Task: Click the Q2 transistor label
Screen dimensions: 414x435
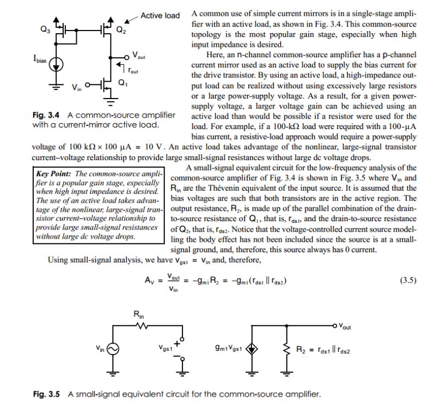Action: coord(121,31)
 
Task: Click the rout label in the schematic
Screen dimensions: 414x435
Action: coord(134,70)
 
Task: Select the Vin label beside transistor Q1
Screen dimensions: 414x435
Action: coord(77,88)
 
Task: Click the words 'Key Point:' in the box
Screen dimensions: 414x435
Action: coord(52,173)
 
